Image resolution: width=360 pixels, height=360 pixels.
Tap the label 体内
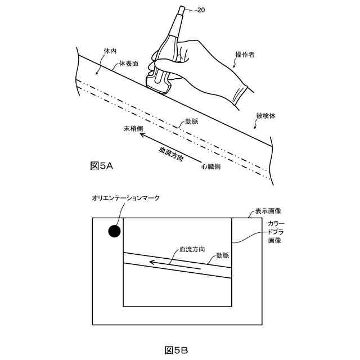(x=110, y=51)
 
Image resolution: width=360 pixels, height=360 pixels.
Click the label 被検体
(x=266, y=116)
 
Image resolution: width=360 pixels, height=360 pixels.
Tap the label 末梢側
(x=134, y=129)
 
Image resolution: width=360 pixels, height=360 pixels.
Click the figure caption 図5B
(x=176, y=350)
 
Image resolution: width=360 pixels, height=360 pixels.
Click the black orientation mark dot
(x=114, y=231)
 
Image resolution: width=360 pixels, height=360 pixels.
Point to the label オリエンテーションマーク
(x=126, y=197)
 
